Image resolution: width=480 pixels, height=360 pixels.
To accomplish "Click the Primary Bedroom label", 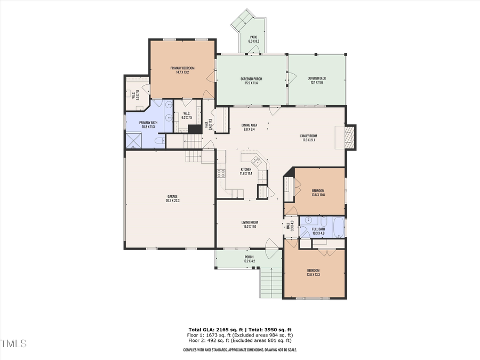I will tap(182, 68).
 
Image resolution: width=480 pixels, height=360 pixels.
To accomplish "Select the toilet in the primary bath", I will tap(159, 141).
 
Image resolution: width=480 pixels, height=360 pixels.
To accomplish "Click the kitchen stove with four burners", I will tap(221, 173).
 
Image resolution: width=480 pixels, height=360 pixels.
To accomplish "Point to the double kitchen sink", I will tap(254, 160).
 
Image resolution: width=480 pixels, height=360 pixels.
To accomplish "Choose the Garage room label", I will tap(172, 196).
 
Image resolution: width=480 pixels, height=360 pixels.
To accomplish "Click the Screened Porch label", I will tap(251, 79).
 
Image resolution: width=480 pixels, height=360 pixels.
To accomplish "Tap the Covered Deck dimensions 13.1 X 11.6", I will tap(316, 83).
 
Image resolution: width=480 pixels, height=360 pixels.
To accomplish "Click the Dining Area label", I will tap(250, 125).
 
